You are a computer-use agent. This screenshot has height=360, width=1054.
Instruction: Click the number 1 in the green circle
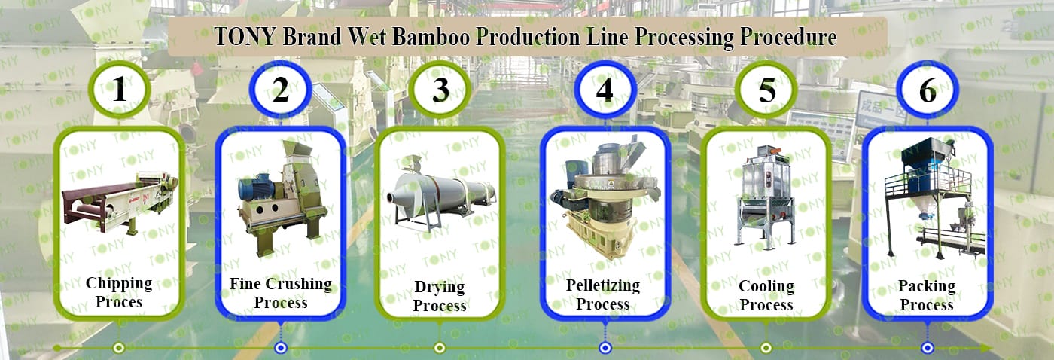[119, 90]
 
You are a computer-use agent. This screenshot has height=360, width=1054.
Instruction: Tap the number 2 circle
[280, 90]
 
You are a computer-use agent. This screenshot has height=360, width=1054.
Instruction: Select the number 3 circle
[440, 90]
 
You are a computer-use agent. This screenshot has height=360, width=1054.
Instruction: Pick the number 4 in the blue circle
[605, 90]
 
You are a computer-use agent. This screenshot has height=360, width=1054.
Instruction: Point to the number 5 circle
[766, 90]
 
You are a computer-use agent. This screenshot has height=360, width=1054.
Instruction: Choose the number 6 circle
[928, 90]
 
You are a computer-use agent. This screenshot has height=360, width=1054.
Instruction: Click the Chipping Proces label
[119, 292]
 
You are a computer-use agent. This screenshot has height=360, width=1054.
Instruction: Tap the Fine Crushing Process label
[280, 293]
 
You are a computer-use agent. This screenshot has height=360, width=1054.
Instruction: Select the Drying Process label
[440, 296]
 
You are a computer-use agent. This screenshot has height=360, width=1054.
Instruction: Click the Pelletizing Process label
[603, 294]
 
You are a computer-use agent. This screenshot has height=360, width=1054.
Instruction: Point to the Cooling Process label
[766, 295]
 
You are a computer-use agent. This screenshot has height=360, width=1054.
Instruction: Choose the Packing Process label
[927, 295]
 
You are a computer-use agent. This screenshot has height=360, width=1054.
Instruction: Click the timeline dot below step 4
[605, 348]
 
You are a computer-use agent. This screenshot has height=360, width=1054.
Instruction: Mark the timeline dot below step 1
[118, 348]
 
